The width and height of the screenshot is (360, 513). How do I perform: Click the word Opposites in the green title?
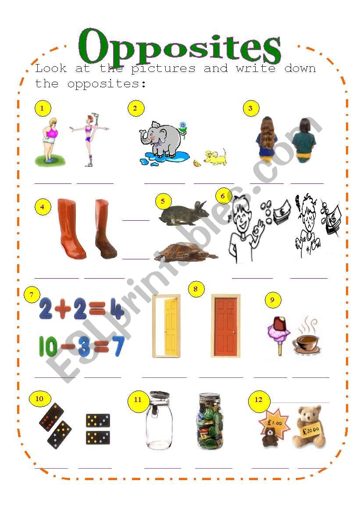[179, 47]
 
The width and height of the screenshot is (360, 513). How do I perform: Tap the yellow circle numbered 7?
[32, 295]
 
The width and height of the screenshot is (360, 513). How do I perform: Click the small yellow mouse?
[215, 157]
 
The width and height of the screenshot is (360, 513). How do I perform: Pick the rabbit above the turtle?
[184, 213]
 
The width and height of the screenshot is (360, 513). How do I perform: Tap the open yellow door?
[167, 326]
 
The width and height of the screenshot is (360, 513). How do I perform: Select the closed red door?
[226, 326]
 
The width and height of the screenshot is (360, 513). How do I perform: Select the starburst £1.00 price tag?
[274, 423]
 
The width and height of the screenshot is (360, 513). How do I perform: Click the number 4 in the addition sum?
[117, 309]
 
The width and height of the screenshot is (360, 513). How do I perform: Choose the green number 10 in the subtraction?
[48, 347]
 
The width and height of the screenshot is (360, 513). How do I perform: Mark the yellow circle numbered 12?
[258, 400]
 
